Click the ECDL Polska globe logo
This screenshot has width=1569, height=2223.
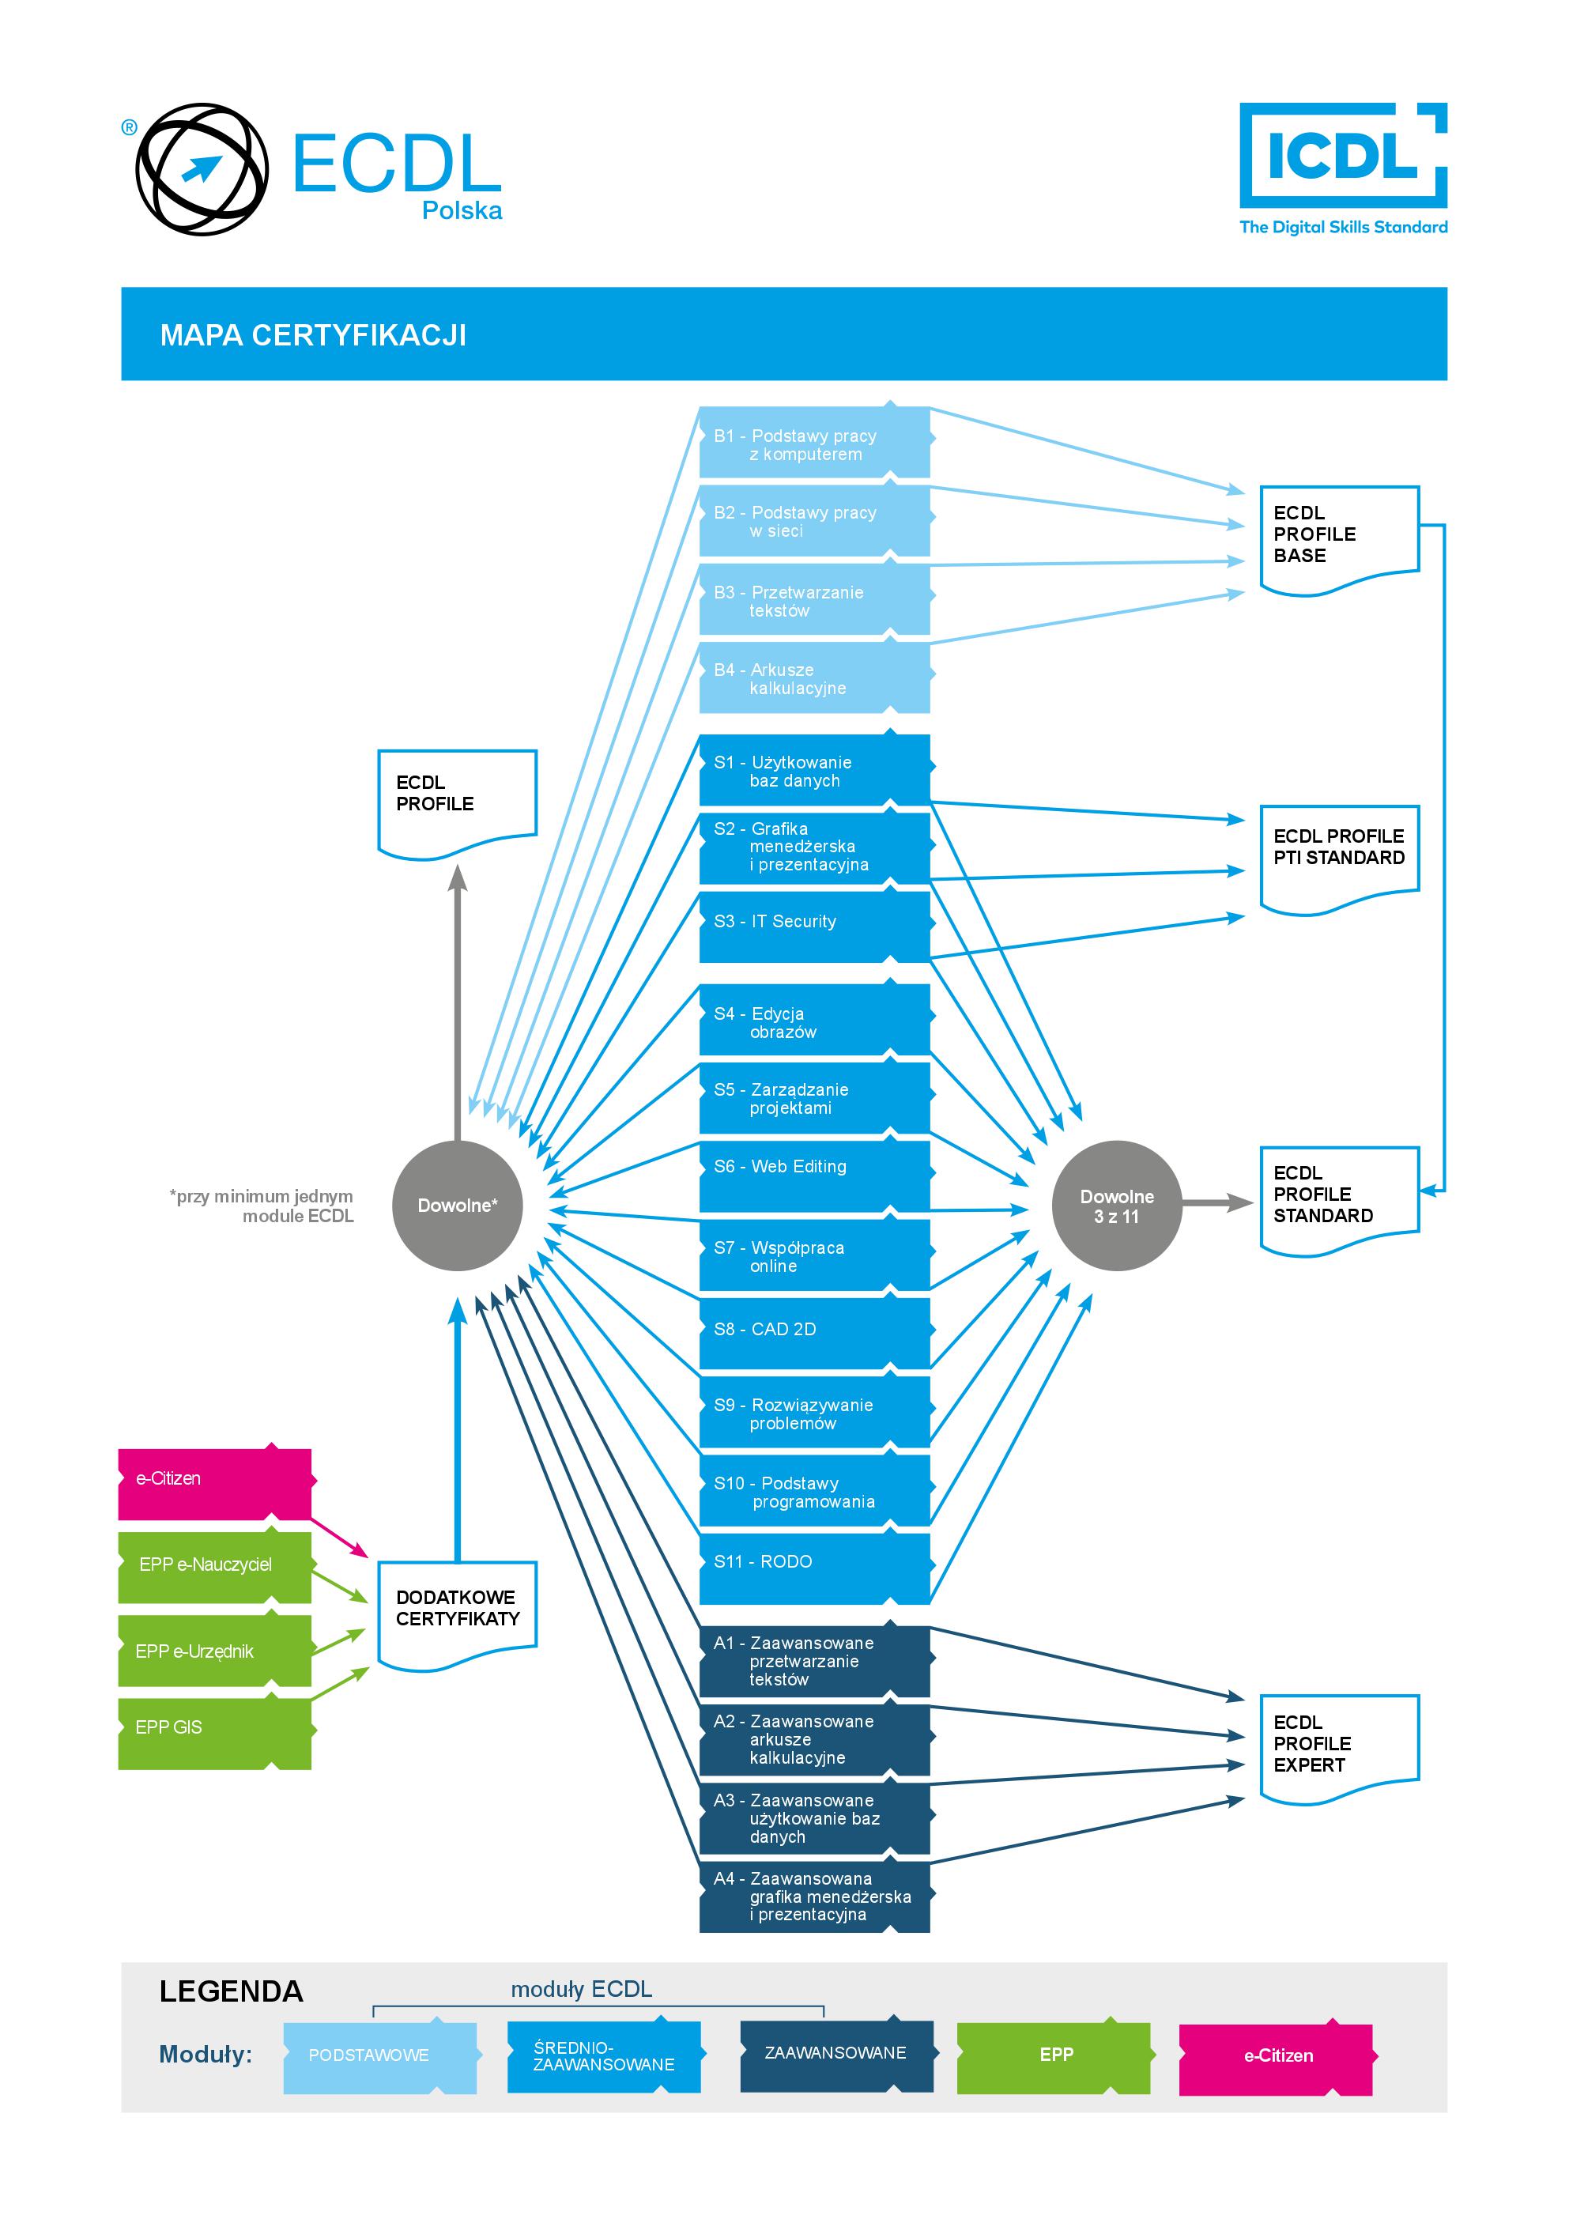coord(202,169)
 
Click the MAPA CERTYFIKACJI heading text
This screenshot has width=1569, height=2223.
coord(313,335)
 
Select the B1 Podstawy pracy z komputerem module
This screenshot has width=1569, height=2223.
coord(813,443)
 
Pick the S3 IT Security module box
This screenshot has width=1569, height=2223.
coord(813,926)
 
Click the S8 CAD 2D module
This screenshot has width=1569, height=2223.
coord(813,1332)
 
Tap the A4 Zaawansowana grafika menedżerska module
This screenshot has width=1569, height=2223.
coord(813,1895)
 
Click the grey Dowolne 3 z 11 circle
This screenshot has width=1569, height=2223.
coord(1116,1206)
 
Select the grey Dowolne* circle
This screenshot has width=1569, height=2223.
coord(457,1206)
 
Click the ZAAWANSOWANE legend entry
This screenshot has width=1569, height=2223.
coord(835,2054)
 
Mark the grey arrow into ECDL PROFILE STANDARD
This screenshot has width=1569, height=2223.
coord(1216,1202)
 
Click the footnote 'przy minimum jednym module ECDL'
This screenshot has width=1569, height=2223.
coord(262,1206)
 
